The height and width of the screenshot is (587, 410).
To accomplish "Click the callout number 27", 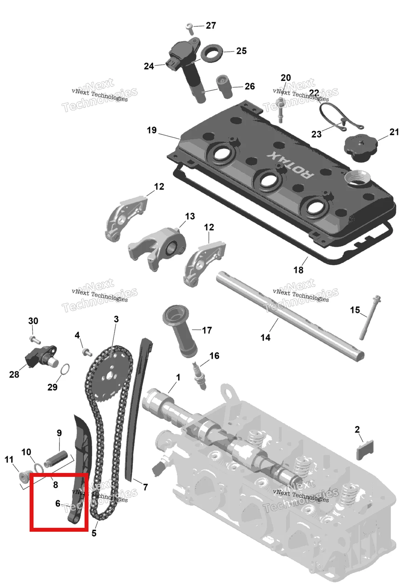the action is click(x=211, y=26).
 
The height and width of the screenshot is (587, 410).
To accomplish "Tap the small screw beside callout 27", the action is click(x=190, y=29).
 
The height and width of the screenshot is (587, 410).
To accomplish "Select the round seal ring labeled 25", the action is click(x=211, y=53).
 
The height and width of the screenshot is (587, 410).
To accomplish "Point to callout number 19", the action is click(x=152, y=130).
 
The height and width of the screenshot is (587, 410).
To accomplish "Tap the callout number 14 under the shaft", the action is click(x=265, y=338).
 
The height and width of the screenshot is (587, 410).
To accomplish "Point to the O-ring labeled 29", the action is click(x=65, y=369).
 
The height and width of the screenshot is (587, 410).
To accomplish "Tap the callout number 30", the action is click(x=33, y=321).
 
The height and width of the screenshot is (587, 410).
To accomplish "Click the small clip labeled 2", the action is click(x=365, y=450).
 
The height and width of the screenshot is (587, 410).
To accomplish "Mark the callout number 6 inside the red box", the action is click(x=58, y=503).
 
